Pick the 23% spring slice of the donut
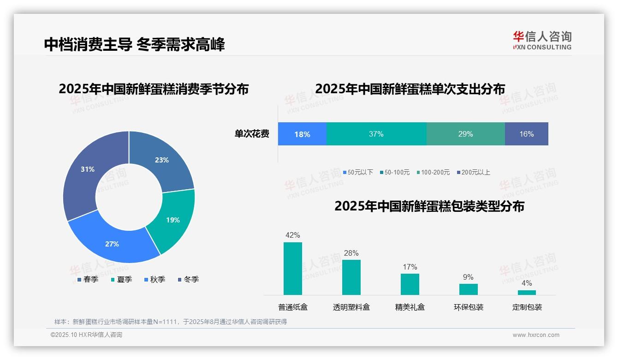(x=161, y=160)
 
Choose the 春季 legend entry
(x=88, y=279)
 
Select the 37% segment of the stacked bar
(x=376, y=134)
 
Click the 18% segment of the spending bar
(x=302, y=134)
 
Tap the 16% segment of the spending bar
(x=526, y=134)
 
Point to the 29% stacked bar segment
(x=465, y=134)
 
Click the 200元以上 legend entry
(x=473, y=172)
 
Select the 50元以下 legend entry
(x=358, y=172)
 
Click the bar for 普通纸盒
(x=293, y=268)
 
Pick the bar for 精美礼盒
(x=410, y=284)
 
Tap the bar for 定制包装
(x=527, y=292)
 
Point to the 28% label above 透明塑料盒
(x=351, y=253)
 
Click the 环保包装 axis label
(x=469, y=307)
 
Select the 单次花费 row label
(x=252, y=134)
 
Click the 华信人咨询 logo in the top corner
(x=542, y=40)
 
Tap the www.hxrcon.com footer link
(x=536, y=335)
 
